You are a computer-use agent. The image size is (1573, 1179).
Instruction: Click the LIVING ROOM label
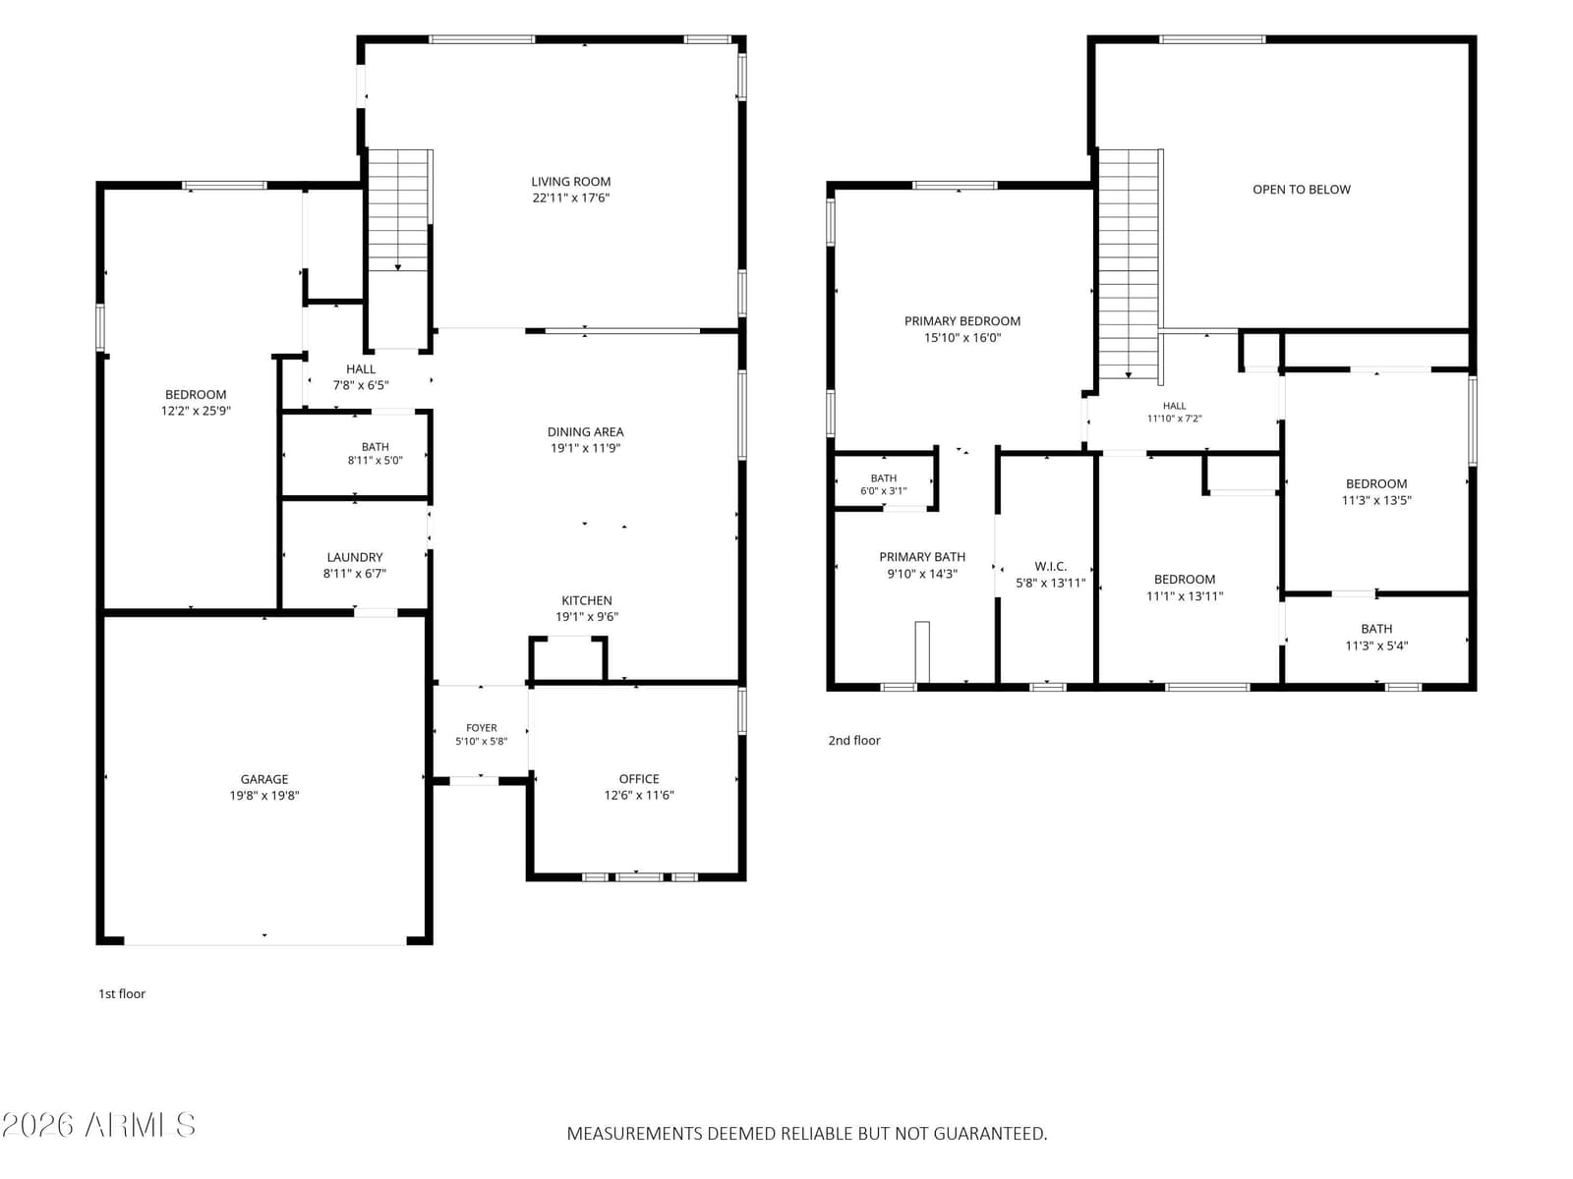pos(570,182)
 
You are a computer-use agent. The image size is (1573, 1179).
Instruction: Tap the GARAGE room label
pos(264,779)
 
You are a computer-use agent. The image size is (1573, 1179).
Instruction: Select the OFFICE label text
pos(638,779)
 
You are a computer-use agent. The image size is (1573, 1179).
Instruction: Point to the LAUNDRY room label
pos(355,557)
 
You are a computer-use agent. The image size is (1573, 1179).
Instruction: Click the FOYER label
pos(481,728)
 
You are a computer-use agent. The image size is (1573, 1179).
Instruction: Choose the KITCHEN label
pos(586,600)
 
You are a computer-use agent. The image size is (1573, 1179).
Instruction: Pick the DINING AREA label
pos(586,431)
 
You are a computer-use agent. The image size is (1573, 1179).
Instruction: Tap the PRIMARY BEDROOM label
pos(961,321)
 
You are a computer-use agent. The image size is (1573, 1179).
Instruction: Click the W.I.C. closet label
pos(1051,566)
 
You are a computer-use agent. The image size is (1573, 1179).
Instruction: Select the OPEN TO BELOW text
pos(1302,190)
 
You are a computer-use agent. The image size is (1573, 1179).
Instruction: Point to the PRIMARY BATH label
pos(921,557)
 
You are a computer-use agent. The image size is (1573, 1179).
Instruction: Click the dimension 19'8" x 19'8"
pos(264,795)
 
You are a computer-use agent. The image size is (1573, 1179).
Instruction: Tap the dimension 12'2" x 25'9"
pos(196,411)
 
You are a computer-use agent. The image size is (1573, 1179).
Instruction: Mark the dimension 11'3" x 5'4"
pos(1376,646)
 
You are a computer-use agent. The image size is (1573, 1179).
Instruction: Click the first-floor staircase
pos(398,209)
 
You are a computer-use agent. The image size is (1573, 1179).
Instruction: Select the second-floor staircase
pos(1130,263)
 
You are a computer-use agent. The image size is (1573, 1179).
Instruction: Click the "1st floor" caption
pos(122,993)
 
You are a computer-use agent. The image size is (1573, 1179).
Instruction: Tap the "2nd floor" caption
pos(854,741)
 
